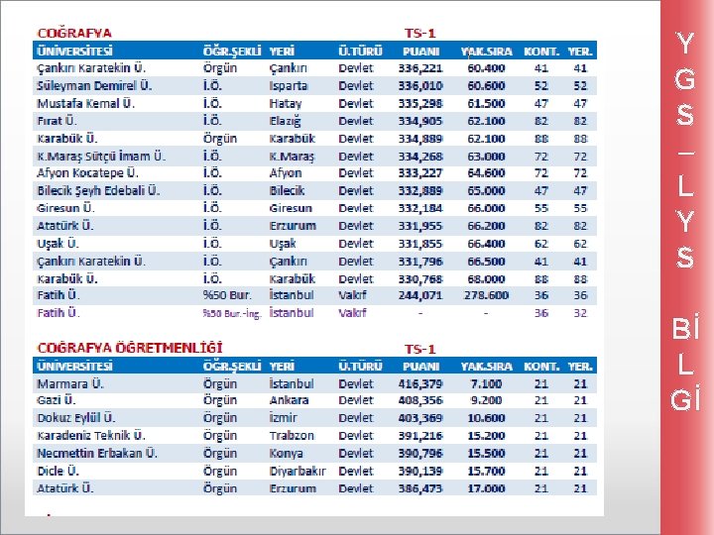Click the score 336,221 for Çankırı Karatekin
pos(420,68)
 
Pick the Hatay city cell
pos(286,103)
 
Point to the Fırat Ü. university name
pos(58,121)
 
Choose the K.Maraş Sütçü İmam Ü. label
pos(101,156)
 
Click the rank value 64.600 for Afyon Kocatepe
pos(486,173)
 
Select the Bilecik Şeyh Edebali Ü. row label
pos(98,190)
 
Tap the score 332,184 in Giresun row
pos(420,208)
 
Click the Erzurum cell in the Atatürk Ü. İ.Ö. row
pos(293,226)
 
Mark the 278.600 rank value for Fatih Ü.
pos(486,295)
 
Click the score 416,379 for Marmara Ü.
pos(420,383)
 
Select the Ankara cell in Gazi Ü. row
pos(290,400)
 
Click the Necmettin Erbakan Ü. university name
pos(97,453)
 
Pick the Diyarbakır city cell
pos(297,471)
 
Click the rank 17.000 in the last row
pos(486,488)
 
